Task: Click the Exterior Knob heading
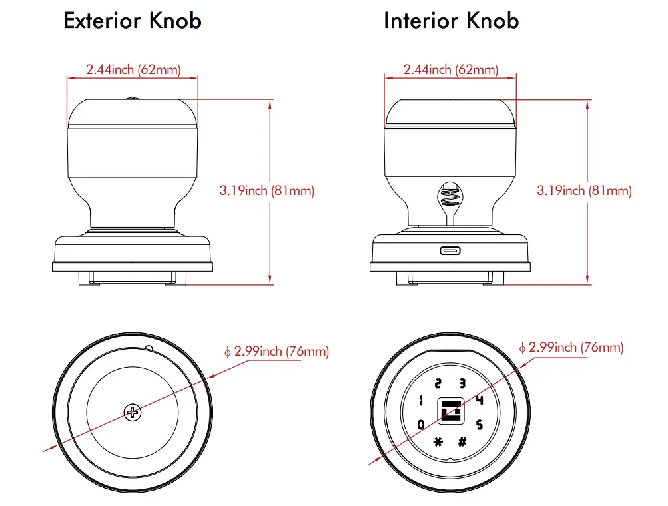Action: pyautogui.click(x=132, y=21)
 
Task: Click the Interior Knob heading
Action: pyautogui.click(x=451, y=21)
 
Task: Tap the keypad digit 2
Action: pyautogui.click(x=438, y=383)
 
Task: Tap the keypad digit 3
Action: pyautogui.click(x=462, y=383)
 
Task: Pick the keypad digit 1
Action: pyautogui.click(x=420, y=401)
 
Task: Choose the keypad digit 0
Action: pyautogui.click(x=420, y=424)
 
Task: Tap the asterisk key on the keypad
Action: pyautogui.click(x=438, y=441)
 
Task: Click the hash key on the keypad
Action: pyautogui.click(x=462, y=441)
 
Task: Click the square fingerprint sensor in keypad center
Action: pyautogui.click(x=450, y=412)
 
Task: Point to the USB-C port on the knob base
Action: pyautogui.click(x=450, y=251)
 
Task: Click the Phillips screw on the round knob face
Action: pyautogui.click(x=133, y=413)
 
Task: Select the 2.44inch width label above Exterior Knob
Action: pyautogui.click(x=133, y=69)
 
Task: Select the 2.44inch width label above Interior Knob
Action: pyautogui.click(x=450, y=69)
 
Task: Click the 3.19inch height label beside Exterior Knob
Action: pyautogui.click(x=266, y=191)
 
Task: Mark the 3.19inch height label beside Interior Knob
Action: pyautogui.click(x=584, y=191)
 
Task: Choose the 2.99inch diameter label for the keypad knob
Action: pyautogui.click(x=571, y=348)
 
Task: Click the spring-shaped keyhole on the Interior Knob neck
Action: pyautogui.click(x=450, y=195)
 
